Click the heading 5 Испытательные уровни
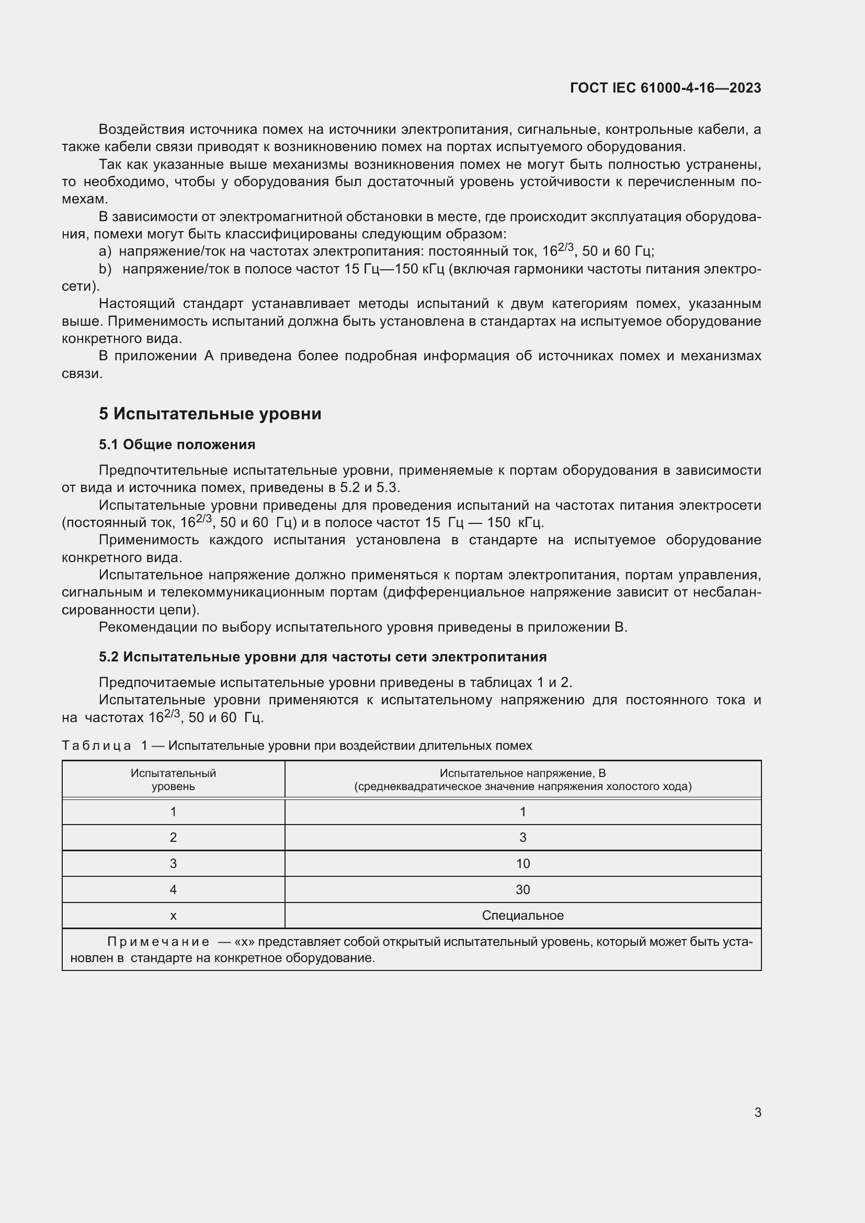tap(210, 414)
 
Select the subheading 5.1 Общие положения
tap(177, 444)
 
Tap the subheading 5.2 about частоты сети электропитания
tap(322, 657)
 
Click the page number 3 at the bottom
tap(757, 1112)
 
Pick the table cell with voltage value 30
tap(522, 889)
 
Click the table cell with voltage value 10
tap(522, 863)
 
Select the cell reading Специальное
tap(522, 916)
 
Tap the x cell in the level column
tap(173, 916)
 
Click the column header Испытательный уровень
tap(173, 779)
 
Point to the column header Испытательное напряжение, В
tap(522, 773)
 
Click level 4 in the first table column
tap(173, 889)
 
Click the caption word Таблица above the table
tap(96, 746)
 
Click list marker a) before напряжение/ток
tap(105, 252)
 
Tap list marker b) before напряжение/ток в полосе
tap(105, 269)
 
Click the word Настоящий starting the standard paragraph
tap(137, 304)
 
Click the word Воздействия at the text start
tap(141, 130)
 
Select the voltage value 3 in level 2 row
tap(522, 837)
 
